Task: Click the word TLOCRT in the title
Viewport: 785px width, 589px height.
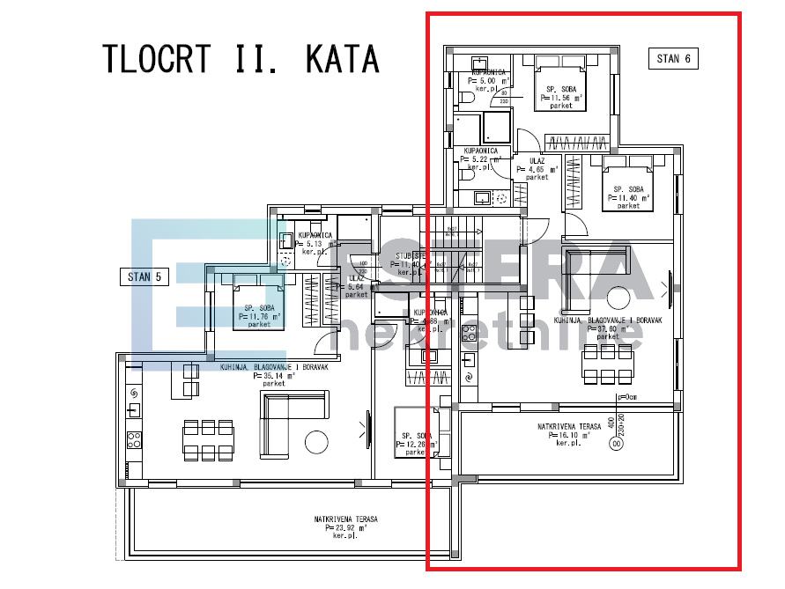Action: pyautogui.click(x=157, y=58)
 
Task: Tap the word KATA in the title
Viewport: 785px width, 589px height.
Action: pyautogui.click(x=343, y=58)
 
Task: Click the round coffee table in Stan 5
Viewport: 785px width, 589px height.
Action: pyautogui.click(x=317, y=440)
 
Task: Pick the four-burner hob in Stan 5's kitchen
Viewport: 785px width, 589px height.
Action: pyautogui.click(x=133, y=440)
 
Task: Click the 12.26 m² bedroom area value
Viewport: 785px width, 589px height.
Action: pyautogui.click(x=418, y=445)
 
